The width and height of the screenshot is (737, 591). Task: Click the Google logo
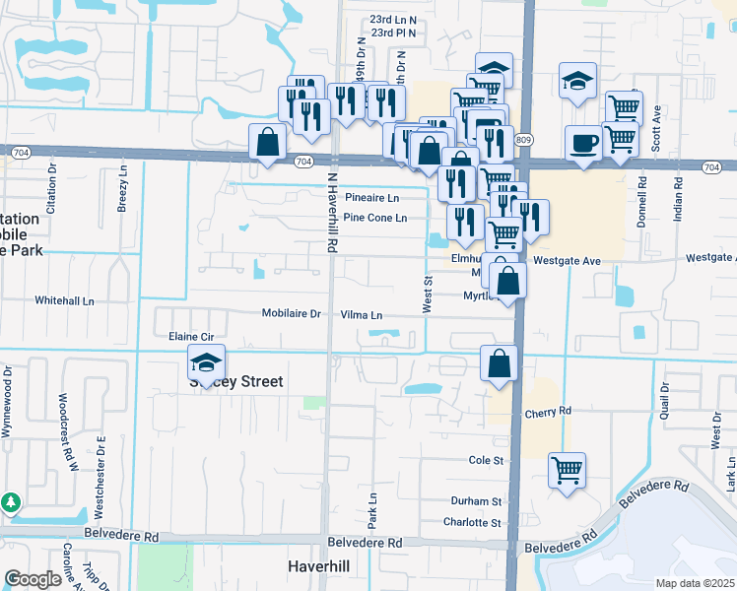coord(33,579)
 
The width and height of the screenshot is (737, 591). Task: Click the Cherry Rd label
coord(549,412)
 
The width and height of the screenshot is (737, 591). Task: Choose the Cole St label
coord(486,460)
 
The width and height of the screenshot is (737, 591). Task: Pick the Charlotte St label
coord(473,522)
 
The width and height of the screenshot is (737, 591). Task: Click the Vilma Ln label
coord(361,315)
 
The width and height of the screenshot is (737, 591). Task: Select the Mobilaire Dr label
coord(292,314)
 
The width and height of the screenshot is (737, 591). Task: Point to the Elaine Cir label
coord(193,336)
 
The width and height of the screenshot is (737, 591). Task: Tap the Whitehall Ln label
coord(64,299)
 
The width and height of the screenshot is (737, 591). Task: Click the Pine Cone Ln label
coord(374,218)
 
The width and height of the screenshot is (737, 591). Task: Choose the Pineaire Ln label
coord(370,197)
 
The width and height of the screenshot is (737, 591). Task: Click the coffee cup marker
coord(583,142)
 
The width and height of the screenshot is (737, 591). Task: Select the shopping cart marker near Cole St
coord(567,469)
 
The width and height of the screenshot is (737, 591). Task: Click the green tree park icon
coord(12,502)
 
